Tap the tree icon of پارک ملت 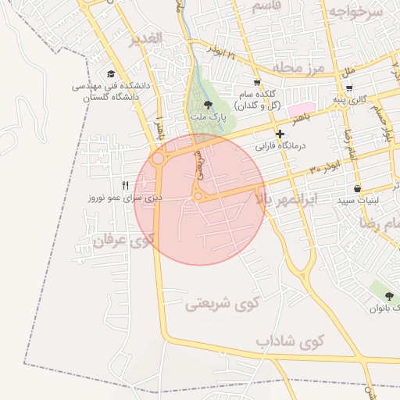click(207, 104)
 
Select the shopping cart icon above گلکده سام click(257, 82)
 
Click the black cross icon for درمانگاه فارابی click(280, 134)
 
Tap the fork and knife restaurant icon click(125, 185)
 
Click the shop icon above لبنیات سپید click(357, 188)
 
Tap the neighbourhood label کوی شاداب click(288, 342)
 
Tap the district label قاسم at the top click(273, 6)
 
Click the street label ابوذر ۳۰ click(325, 168)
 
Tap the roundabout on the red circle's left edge click(159, 159)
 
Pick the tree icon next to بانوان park click(389, 295)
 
